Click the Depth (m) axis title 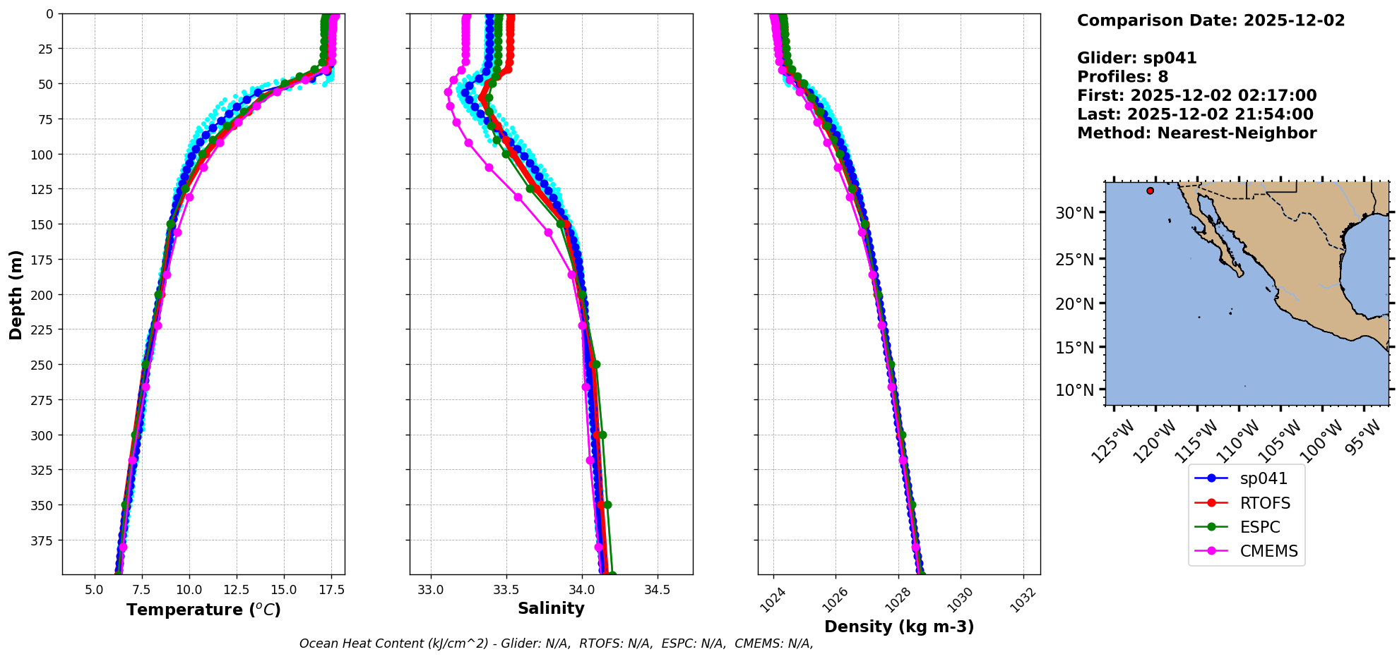(16, 294)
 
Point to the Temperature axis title (203, 610)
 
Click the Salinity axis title (551, 609)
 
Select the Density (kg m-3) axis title (899, 627)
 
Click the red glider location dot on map (1150, 191)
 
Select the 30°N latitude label (1074, 213)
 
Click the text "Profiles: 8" (1122, 77)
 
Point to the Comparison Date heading (1211, 20)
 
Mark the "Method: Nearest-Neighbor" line (1196, 133)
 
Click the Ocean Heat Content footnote (556, 643)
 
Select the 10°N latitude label (1074, 390)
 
